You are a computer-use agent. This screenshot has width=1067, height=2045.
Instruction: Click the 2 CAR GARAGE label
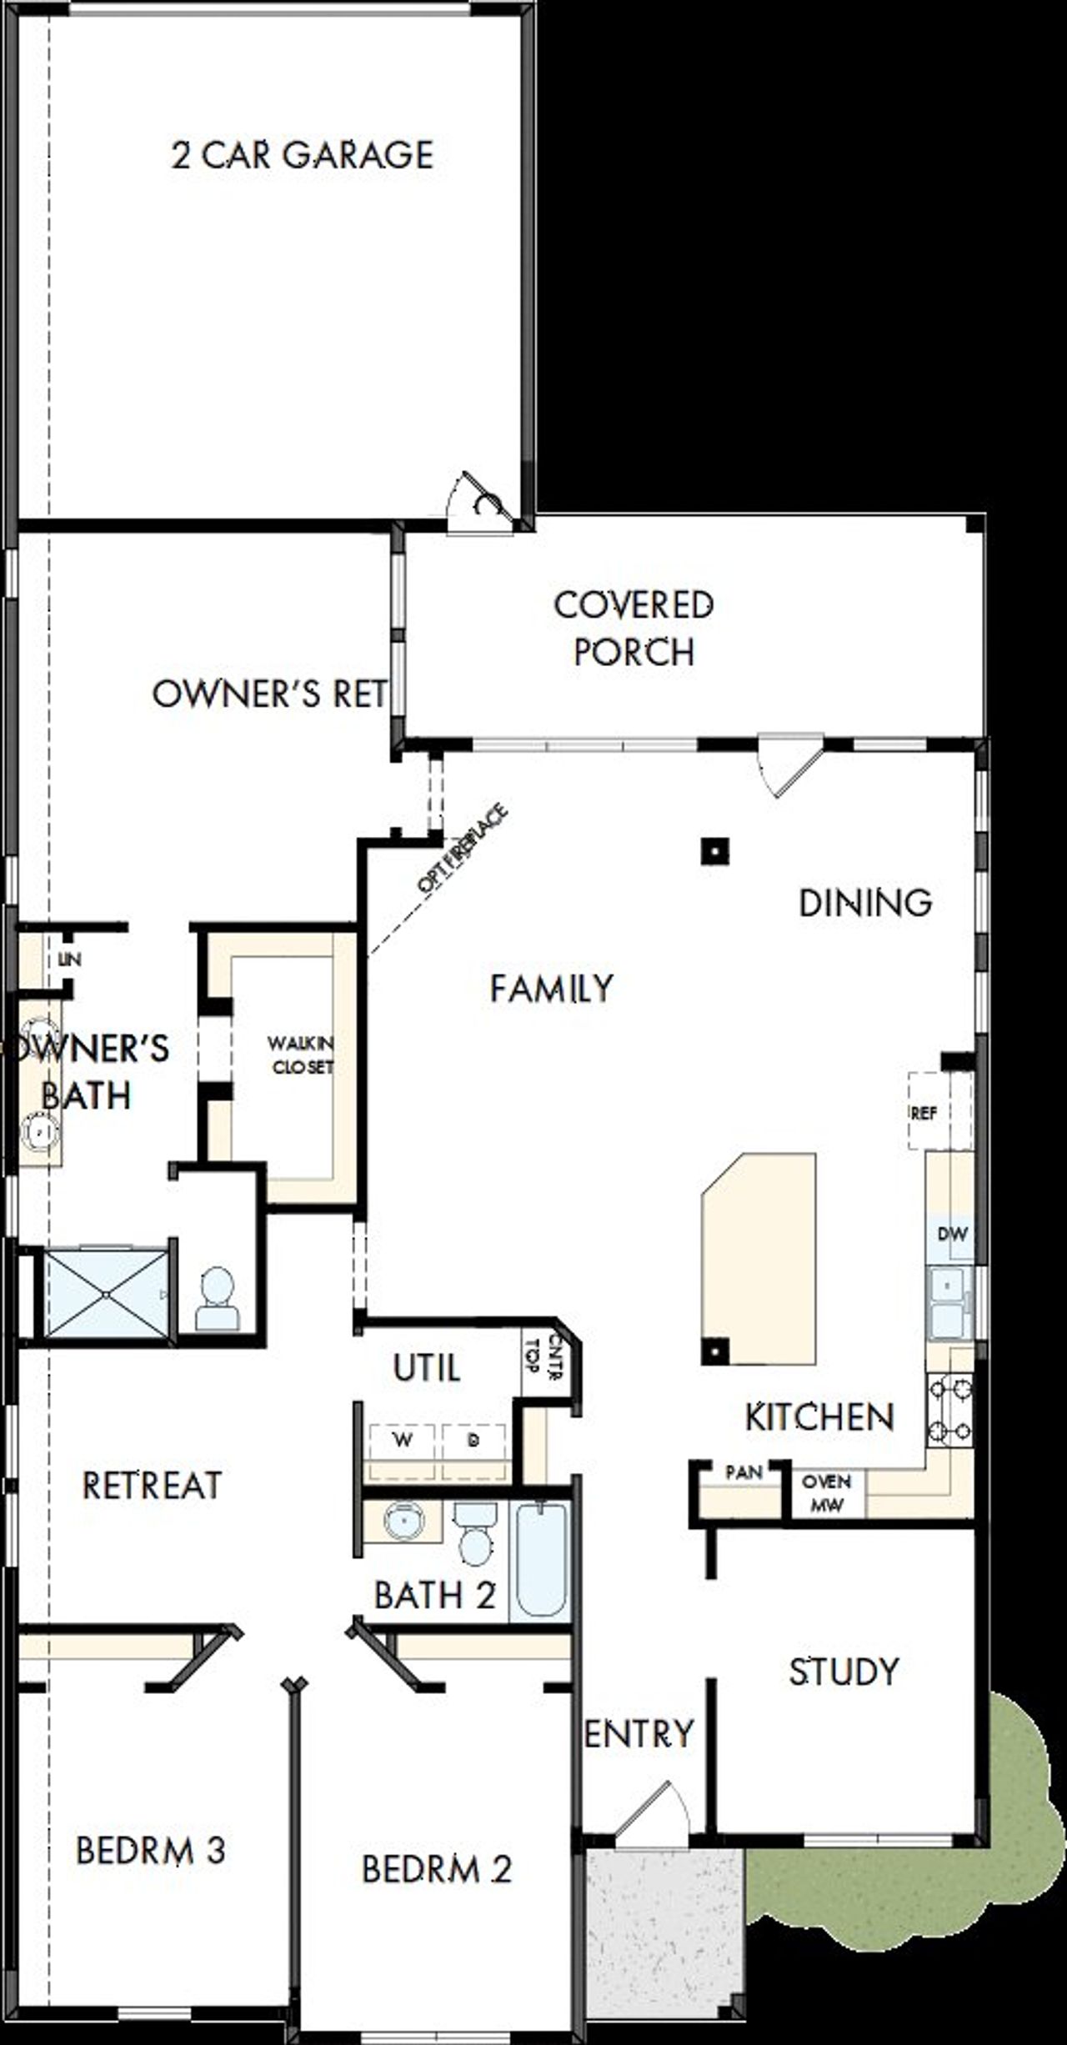pos(303,155)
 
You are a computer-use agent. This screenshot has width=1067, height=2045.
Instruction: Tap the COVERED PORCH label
pos(634,629)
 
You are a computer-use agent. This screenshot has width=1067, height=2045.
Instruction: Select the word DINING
pos(864,903)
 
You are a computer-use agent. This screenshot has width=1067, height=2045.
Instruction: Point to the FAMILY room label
pos(551,989)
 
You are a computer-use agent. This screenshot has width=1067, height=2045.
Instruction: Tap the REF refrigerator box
pos(924,1113)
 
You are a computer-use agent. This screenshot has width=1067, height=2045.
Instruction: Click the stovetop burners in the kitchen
pos(950,1410)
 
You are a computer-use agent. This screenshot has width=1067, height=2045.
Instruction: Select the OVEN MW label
pos(826,1493)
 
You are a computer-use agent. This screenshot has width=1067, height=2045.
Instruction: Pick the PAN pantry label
pos(744,1473)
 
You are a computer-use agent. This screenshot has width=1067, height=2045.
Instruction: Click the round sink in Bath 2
pos(403,1521)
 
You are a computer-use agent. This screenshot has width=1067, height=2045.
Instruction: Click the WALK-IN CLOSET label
pos(300,1055)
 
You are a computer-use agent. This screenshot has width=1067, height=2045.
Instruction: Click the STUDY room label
pos(844,1672)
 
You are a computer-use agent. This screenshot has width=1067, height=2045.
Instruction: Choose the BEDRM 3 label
pos(150,1851)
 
